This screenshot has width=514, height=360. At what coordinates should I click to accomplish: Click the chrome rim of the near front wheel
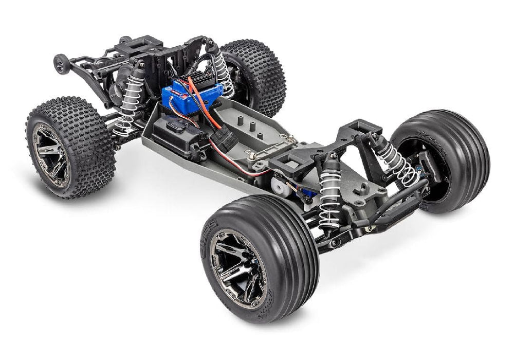point(238,268)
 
